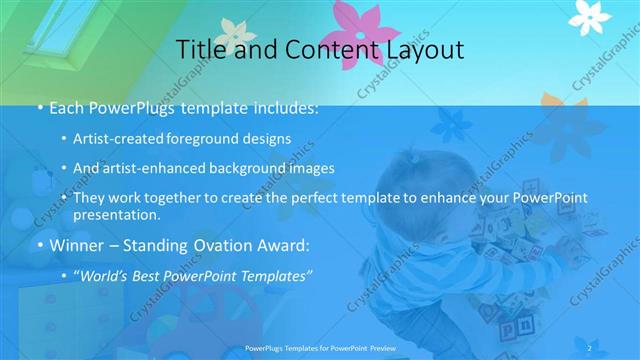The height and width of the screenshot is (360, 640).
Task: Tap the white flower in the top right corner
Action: [590, 14]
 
